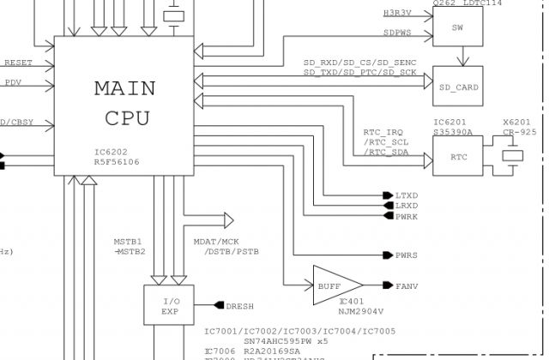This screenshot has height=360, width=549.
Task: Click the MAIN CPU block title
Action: pos(124,103)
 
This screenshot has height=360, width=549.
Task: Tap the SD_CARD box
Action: pos(457,87)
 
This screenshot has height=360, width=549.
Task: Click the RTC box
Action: pos(457,156)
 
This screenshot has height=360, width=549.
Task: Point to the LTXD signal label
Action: pos(407,195)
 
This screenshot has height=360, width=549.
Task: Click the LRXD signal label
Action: pos(407,206)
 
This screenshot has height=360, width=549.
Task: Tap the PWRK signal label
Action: pos(407,217)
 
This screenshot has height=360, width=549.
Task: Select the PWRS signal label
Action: pos(407,255)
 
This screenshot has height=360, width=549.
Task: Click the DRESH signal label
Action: pos(239,306)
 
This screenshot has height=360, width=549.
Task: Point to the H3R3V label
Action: pos(397,13)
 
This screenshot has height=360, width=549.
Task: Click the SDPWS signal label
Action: pos(397,33)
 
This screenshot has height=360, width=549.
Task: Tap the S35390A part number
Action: pos(453,133)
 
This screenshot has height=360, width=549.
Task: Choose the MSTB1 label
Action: pos(128,241)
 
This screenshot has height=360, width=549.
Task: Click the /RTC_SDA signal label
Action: pos(386,152)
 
